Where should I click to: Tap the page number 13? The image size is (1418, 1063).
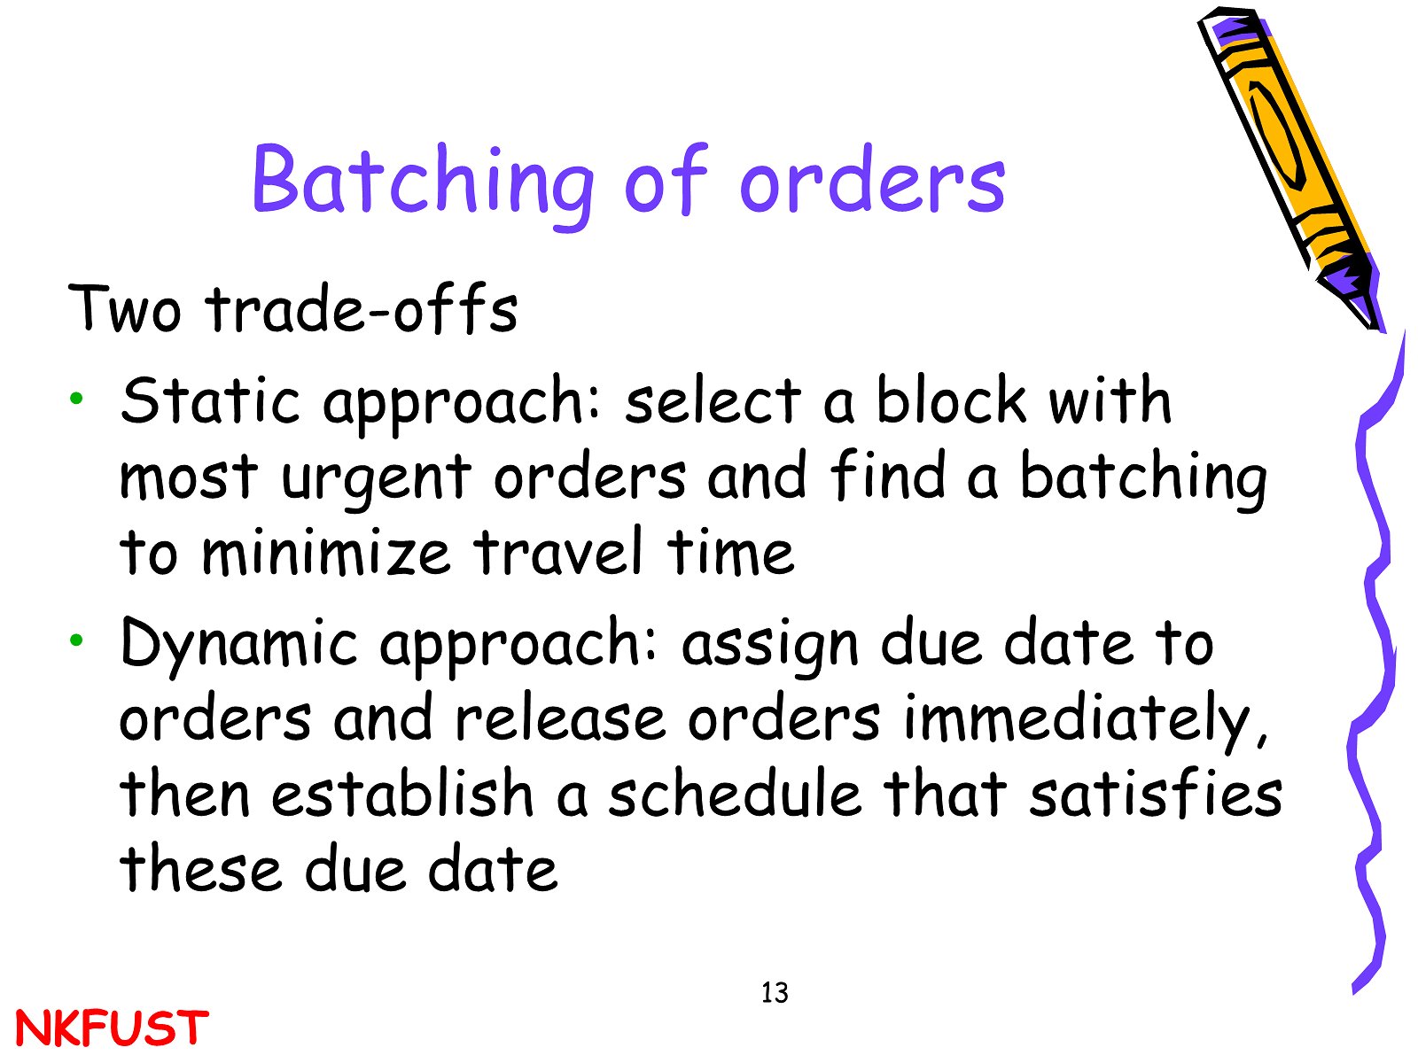tap(774, 993)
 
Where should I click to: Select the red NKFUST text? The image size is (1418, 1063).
tap(111, 1028)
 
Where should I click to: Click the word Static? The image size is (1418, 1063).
tap(210, 400)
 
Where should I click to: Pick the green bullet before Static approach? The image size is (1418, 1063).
tap(76, 398)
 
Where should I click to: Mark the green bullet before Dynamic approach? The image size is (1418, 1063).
tap(76, 640)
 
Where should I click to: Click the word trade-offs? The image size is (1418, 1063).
tap(362, 309)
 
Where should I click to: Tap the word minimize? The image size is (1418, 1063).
tap(325, 552)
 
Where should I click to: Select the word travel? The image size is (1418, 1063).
tap(558, 550)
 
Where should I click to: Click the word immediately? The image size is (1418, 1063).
tap(1086, 719)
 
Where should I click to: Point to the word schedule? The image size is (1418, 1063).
tap(735, 793)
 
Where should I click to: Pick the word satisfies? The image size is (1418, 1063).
tap(1156, 793)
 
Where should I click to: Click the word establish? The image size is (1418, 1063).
tap(401, 793)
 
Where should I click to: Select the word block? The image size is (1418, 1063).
tap(950, 400)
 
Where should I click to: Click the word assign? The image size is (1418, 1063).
tap(769, 646)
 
